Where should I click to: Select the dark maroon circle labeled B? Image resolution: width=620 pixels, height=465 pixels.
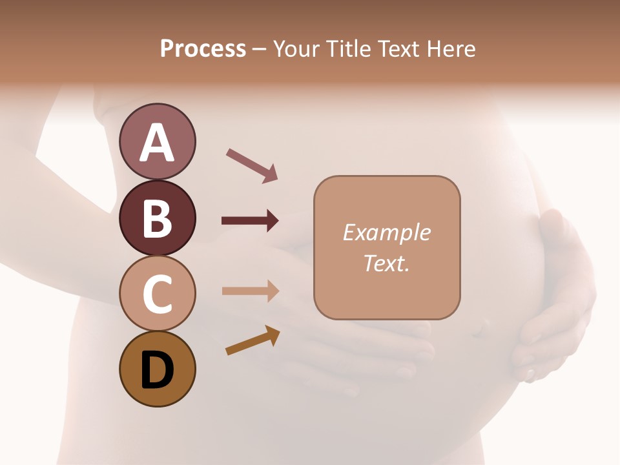[158, 218]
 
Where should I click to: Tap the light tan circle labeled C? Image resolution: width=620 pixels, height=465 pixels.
[158, 293]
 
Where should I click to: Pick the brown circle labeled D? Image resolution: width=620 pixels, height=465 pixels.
[158, 369]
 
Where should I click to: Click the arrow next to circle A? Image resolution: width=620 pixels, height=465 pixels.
[252, 164]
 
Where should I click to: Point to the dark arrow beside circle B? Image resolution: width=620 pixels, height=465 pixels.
[250, 221]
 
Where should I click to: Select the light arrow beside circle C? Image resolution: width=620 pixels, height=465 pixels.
[250, 291]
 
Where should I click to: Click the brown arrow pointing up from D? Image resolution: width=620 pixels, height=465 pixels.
[253, 340]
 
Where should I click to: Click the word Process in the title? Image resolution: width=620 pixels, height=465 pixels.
[203, 49]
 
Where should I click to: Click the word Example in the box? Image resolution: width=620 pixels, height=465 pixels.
[387, 232]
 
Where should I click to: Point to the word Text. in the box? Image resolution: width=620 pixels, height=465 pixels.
[387, 263]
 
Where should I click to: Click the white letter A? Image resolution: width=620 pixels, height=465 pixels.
[158, 143]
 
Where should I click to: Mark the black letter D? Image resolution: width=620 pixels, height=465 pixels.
[158, 370]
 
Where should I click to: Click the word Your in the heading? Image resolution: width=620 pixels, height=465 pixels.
[298, 49]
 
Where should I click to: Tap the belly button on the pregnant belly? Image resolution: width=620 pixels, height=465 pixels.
[479, 330]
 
